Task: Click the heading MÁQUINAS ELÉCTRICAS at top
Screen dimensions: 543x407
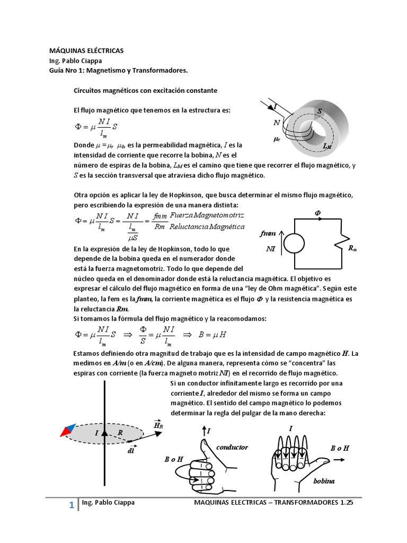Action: click(86, 50)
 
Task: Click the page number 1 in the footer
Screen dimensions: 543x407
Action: click(70, 506)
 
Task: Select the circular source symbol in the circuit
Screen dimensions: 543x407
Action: click(294, 244)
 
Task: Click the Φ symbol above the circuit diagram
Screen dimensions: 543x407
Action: click(318, 212)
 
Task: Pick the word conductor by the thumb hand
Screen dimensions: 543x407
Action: click(232, 447)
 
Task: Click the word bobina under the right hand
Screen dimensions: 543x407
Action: click(324, 480)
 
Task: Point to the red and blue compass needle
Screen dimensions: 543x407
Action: click(67, 430)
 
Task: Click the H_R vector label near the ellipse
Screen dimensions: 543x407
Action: click(158, 425)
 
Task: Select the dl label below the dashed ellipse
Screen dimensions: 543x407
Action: click(130, 451)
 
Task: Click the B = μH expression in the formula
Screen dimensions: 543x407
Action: click(218, 335)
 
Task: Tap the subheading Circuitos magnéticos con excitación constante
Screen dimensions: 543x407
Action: click(145, 91)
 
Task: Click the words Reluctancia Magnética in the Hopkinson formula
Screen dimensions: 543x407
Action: click(207, 227)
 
